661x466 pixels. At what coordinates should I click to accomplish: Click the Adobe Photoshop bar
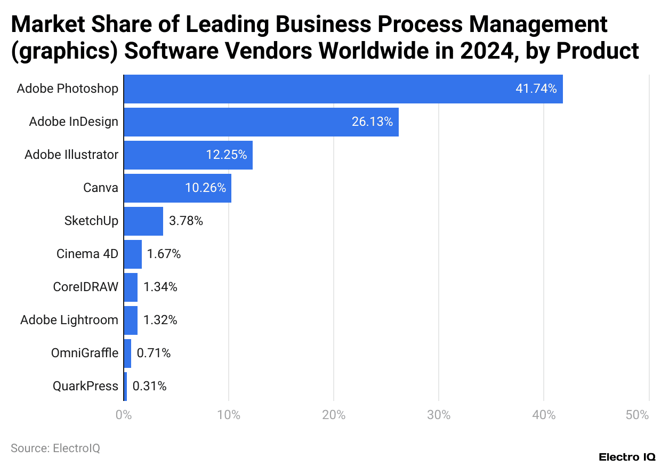point(343,89)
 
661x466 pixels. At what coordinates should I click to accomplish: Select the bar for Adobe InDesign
point(261,122)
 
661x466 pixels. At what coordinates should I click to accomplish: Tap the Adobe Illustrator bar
point(188,155)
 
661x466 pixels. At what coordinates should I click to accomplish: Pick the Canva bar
point(178,188)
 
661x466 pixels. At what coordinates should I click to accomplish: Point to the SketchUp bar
point(143,221)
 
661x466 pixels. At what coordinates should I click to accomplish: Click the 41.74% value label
point(536,89)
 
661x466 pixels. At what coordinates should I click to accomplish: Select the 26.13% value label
point(372,122)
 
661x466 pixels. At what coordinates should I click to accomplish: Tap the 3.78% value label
point(186,221)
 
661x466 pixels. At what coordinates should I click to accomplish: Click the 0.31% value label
point(149,386)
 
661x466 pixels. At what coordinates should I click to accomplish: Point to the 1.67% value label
point(164,254)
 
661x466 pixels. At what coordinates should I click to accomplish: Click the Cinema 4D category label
point(87,254)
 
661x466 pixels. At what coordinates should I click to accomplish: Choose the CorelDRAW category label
point(85,287)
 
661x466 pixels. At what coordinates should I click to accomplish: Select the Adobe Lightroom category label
point(69,320)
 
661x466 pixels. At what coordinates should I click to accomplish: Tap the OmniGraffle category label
point(85,353)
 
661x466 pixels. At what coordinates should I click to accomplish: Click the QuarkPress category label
point(85,386)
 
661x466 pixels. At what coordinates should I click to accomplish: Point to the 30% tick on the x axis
point(438,415)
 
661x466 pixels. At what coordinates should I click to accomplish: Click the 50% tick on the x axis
point(637,415)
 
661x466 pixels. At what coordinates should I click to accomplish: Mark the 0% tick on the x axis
point(124,415)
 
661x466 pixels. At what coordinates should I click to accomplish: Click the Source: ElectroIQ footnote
point(55,448)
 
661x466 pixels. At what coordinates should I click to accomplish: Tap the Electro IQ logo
point(627,457)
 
